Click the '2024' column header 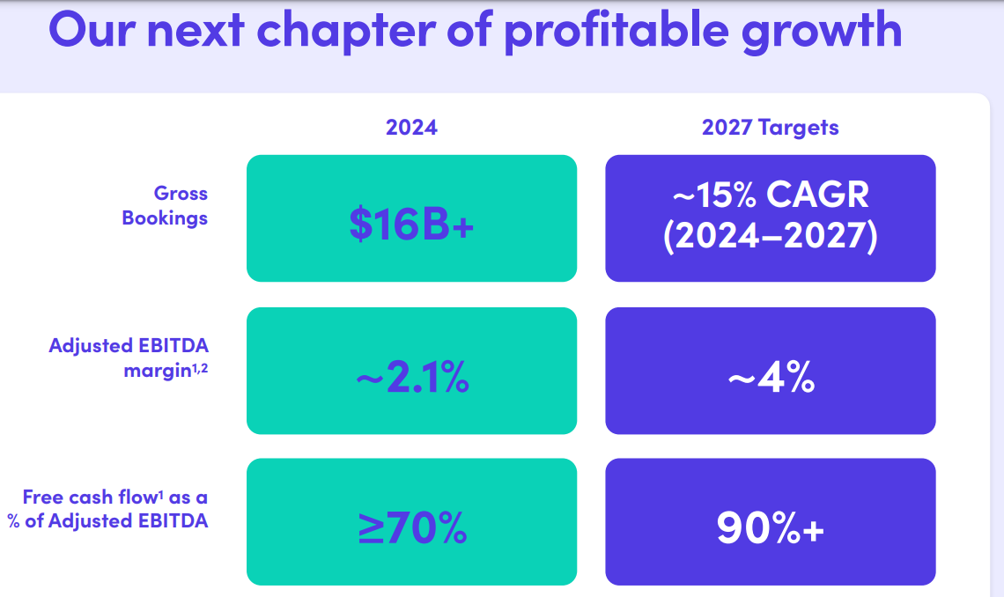(x=411, y=127)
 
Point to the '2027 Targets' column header (x=770, y=127)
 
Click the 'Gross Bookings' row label (x=166, y=205)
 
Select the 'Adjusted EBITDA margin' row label (x=129, y=357)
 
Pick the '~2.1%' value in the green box (x=411, y=380)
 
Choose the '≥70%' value (x=411, y=527)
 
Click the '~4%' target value (x=770, y=380)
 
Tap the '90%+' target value (x=770, y=527)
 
